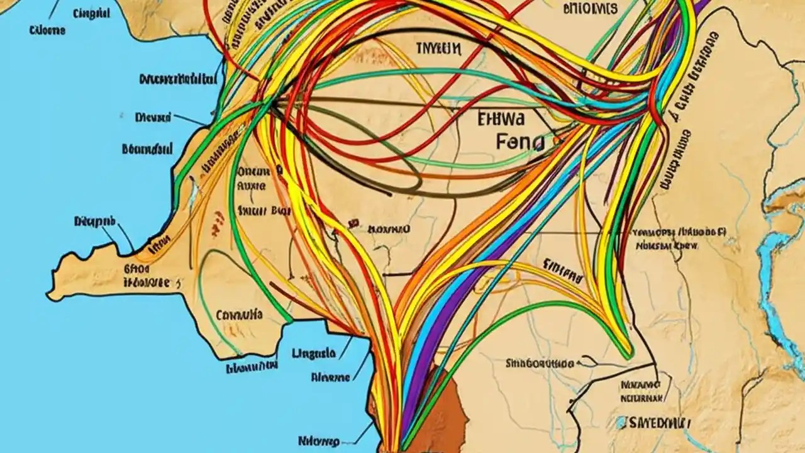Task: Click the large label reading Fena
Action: tap(520, 142)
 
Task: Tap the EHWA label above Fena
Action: tap(505, 118)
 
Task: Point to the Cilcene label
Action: tap(47, 30)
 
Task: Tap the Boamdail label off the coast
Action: tap(147, 149)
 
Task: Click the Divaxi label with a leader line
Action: tap(153, 117)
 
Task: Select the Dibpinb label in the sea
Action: tap(95, 221)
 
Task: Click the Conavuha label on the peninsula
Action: tap(238, 314)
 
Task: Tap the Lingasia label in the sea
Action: tap(314, 353)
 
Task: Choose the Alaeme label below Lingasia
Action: tap(330, 377)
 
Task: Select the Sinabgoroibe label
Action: tap(540, 363)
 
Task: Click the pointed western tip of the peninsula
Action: tap(50, 293)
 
